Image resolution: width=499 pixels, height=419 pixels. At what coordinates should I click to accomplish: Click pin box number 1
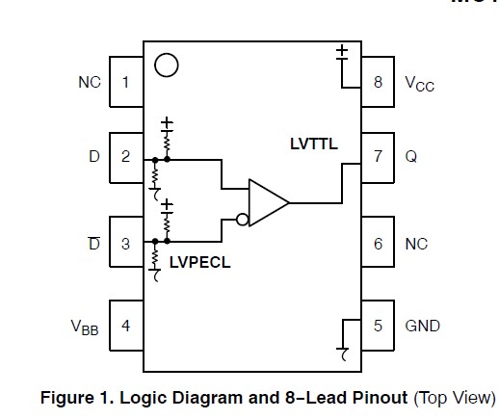[x=126, y=81]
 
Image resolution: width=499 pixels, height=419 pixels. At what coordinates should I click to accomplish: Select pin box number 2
[x=126, y=156]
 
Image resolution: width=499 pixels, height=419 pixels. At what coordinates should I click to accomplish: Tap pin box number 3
[x=126, y=244]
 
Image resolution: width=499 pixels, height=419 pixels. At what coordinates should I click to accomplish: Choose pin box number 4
[x=126, y=326]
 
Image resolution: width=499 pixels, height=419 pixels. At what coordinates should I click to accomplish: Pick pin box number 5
[x=378, y=326]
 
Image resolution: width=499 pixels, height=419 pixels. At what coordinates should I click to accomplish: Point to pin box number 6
[x=378, y=244]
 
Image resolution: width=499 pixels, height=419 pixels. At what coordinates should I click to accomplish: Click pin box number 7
[x=378, y=156]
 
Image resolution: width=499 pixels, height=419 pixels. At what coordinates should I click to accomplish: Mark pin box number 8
[x=378, y=82]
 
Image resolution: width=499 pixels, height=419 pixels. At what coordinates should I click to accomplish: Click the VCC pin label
[x=419, y=84]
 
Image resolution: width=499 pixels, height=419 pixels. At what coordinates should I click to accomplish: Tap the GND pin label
[x=422, y=326]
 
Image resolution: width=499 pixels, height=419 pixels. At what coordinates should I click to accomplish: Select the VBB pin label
[x=84, y=327]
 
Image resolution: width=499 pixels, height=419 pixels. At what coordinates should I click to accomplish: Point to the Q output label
[x=411, y=156]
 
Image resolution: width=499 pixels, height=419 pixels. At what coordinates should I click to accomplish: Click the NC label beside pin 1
[x=89, y=82]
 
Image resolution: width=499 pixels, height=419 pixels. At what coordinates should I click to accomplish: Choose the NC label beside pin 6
[x=416, y=244]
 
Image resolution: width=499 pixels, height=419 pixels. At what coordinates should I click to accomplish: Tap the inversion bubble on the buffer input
[x=243, y=220]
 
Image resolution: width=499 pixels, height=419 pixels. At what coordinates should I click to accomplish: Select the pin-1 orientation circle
[x=166, y=65]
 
